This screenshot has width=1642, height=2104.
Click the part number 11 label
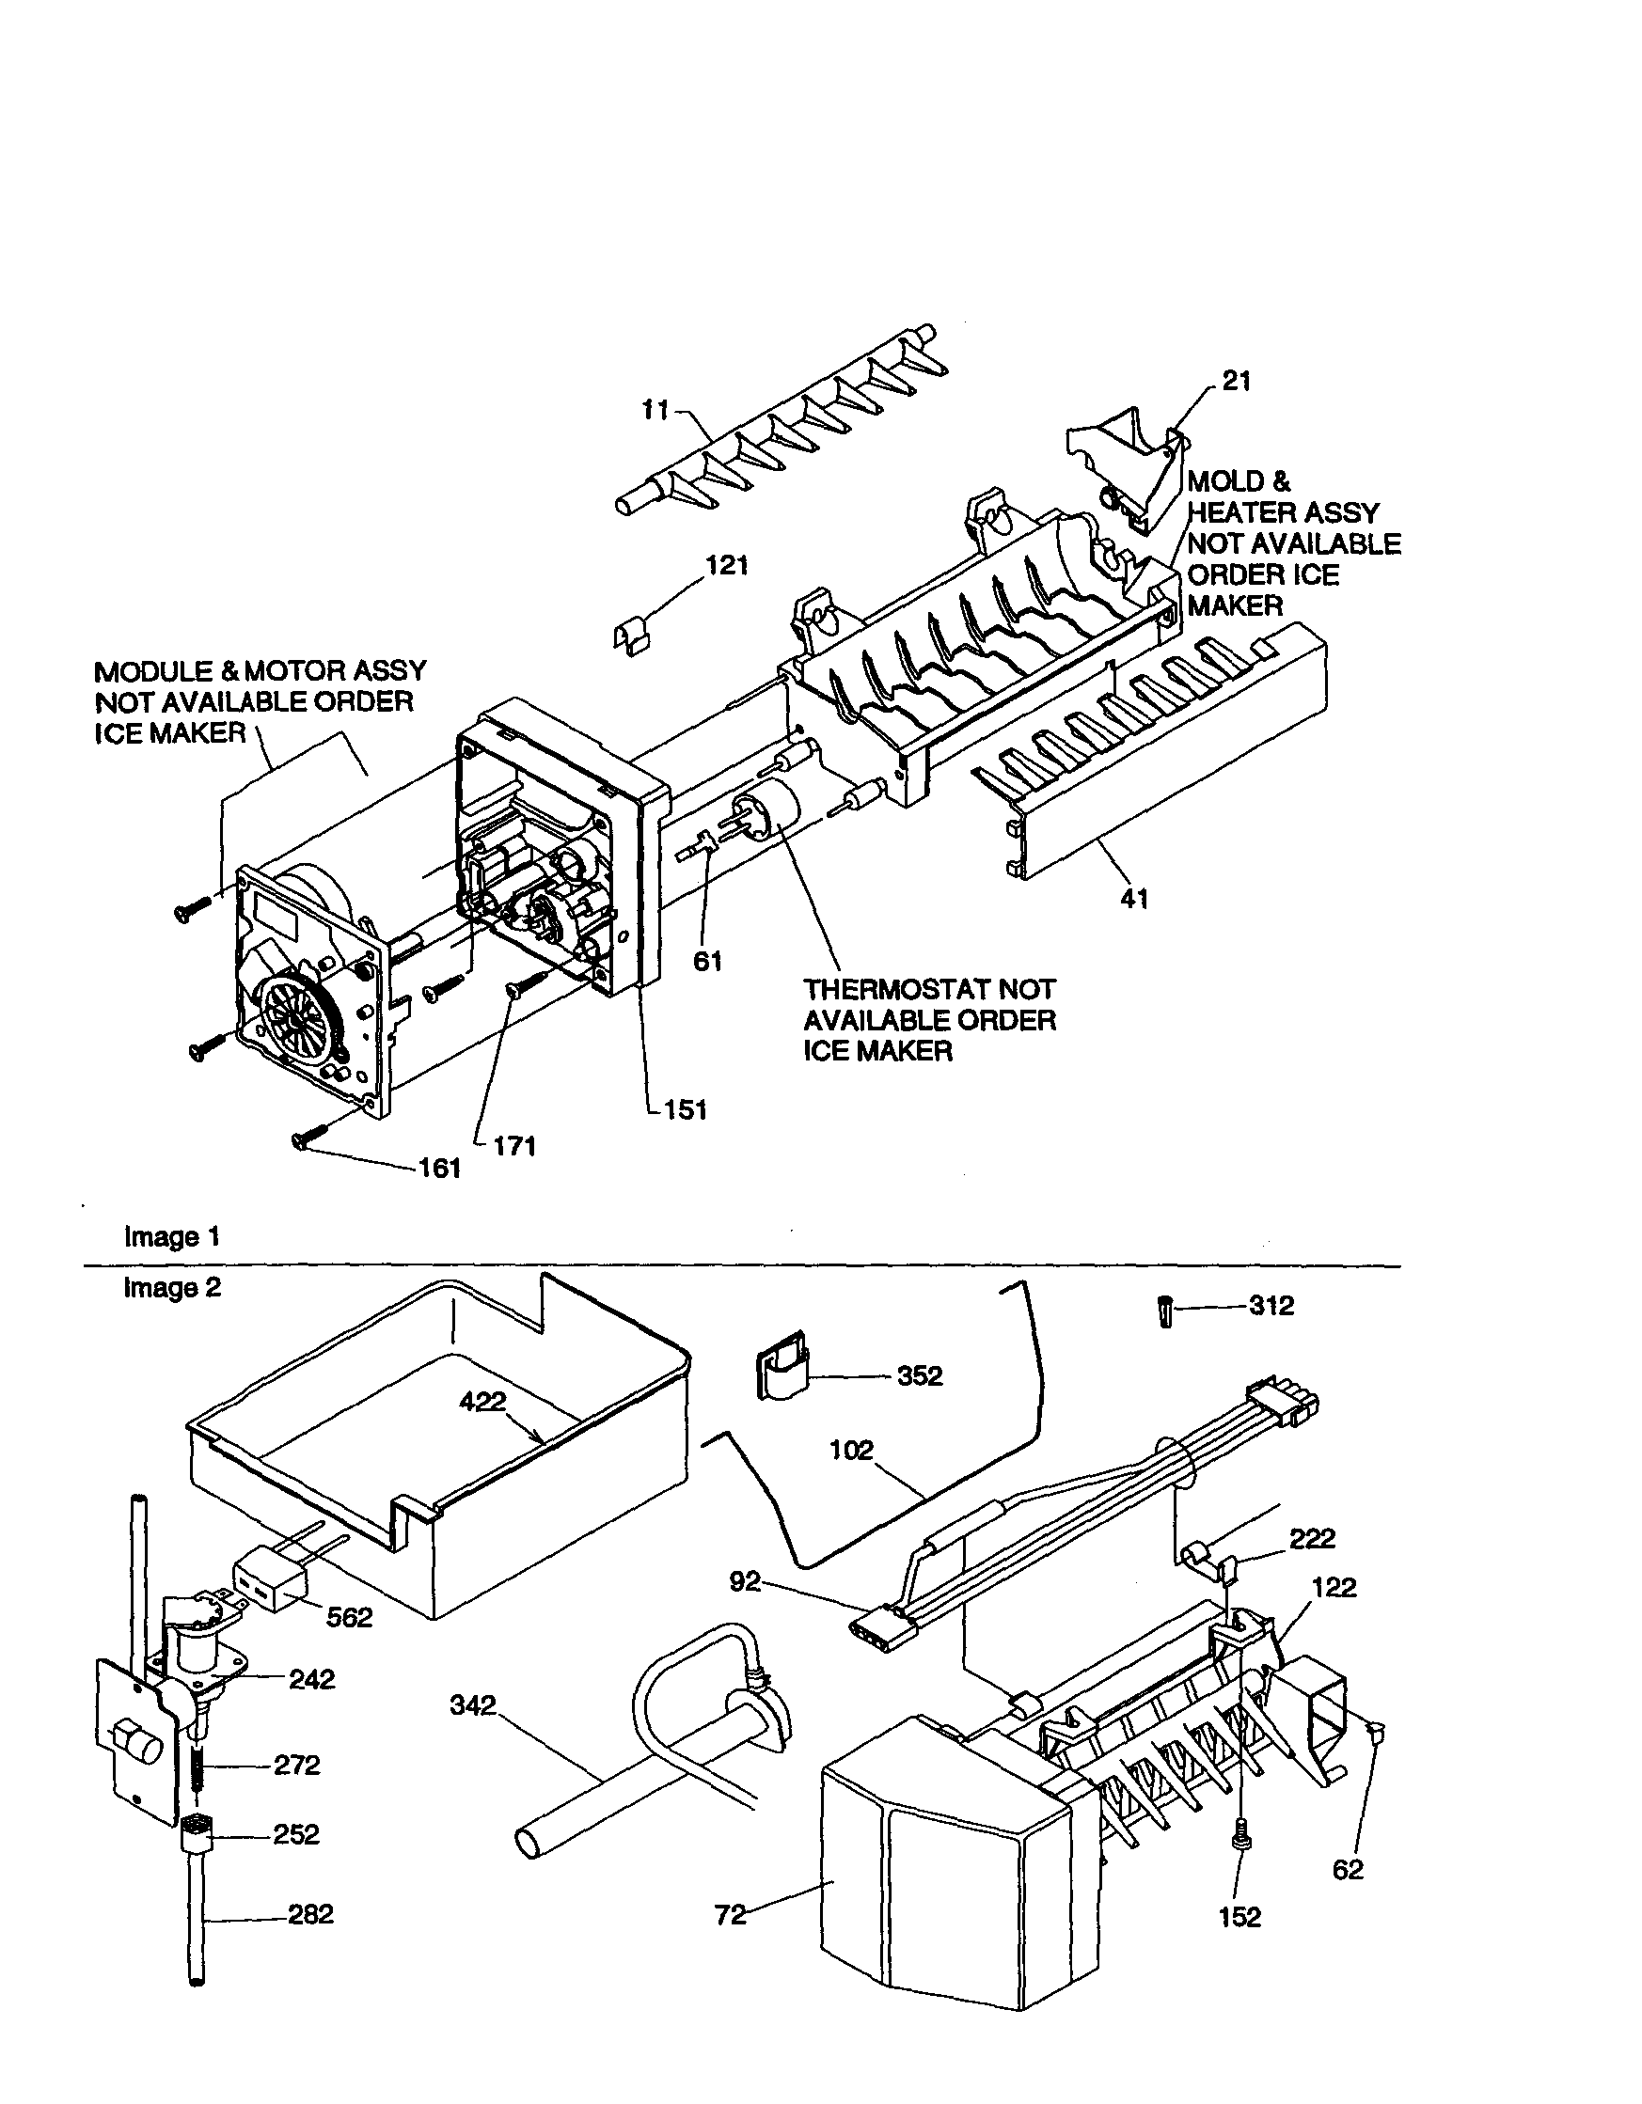point(655,411)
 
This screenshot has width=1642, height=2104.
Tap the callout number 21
point(1237,382)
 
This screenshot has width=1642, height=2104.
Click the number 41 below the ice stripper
point(1134,899)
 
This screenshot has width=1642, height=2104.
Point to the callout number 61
point(708,961)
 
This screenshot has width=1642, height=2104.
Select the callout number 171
point(513,1146)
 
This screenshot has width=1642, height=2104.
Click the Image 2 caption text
point(172,1288)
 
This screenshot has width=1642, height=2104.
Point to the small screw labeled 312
point(1165,1312)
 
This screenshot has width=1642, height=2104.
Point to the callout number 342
point(473,1705)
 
